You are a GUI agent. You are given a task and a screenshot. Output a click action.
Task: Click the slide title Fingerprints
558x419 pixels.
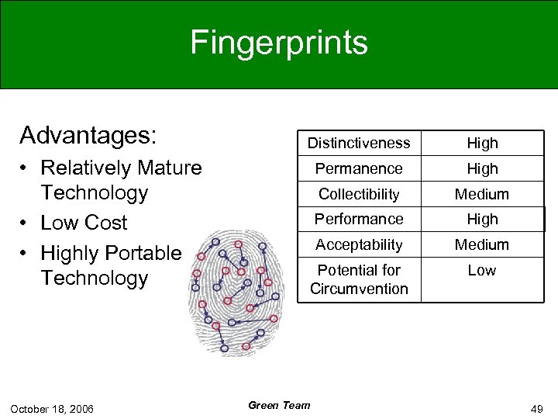279,43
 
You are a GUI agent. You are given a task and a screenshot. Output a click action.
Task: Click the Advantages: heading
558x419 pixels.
88,135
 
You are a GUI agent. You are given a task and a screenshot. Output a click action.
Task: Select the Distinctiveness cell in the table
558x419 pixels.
359,143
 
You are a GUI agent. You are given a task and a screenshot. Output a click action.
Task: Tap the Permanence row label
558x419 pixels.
359,168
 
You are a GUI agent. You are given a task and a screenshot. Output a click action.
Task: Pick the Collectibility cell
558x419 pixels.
359,194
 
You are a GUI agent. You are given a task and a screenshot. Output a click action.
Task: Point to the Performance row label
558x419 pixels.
359,219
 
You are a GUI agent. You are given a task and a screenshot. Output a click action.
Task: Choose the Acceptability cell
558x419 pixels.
359,244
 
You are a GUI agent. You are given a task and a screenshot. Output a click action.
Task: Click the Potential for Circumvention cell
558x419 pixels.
359,279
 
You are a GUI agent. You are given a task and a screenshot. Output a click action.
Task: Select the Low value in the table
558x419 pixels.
482,270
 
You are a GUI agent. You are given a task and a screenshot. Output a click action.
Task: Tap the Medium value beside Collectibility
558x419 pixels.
482,194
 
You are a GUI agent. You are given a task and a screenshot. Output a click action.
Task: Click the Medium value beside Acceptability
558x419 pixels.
482,244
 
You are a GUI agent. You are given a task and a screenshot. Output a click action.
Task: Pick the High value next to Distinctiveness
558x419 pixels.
482,143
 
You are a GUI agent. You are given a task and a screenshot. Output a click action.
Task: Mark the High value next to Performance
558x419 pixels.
482,219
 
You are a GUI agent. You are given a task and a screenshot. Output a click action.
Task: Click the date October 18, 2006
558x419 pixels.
53,408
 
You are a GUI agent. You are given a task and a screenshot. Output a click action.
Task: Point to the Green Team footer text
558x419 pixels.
279,405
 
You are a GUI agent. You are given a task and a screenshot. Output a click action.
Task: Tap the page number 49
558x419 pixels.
536,408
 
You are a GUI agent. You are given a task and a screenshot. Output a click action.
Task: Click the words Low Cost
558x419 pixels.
84,223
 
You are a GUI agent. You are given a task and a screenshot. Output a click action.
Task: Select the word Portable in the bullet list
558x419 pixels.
143,253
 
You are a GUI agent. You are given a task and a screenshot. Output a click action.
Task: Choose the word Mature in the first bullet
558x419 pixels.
167,168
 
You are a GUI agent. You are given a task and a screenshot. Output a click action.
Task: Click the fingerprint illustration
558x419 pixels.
238,291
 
